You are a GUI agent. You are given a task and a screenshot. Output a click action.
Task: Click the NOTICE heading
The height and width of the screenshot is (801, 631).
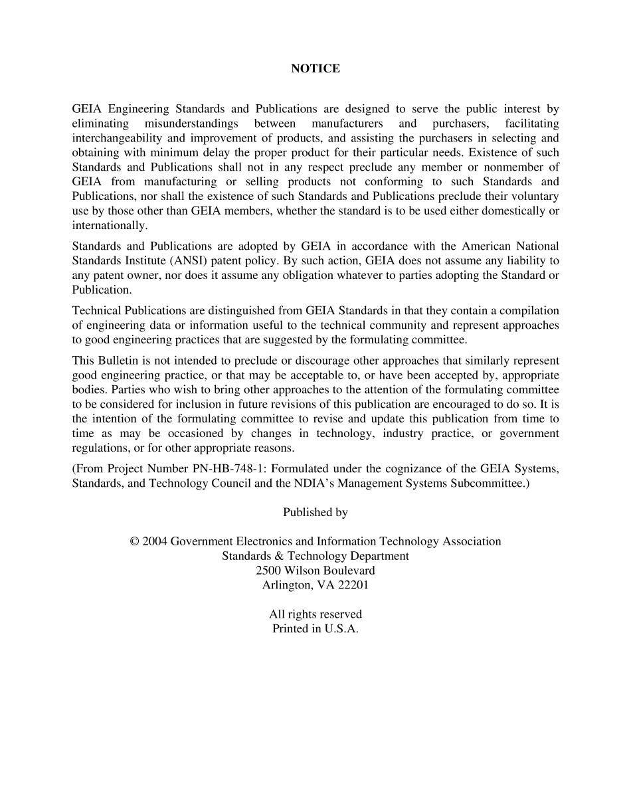315,68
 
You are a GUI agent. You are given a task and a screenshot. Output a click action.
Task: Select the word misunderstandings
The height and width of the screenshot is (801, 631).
191,124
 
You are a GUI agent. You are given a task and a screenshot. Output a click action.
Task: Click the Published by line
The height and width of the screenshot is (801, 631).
315,512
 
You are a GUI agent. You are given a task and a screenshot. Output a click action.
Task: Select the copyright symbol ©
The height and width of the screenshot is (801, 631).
134,541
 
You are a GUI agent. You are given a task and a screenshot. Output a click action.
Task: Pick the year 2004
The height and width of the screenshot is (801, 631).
155,541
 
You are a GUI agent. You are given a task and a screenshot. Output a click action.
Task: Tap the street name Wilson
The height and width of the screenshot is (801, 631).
304,571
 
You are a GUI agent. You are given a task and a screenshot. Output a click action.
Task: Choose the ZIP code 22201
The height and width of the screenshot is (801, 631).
353,585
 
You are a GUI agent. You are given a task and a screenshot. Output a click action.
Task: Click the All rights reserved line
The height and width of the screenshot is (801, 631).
315,614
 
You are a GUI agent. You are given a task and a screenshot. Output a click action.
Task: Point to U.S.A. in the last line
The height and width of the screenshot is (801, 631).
341,629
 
